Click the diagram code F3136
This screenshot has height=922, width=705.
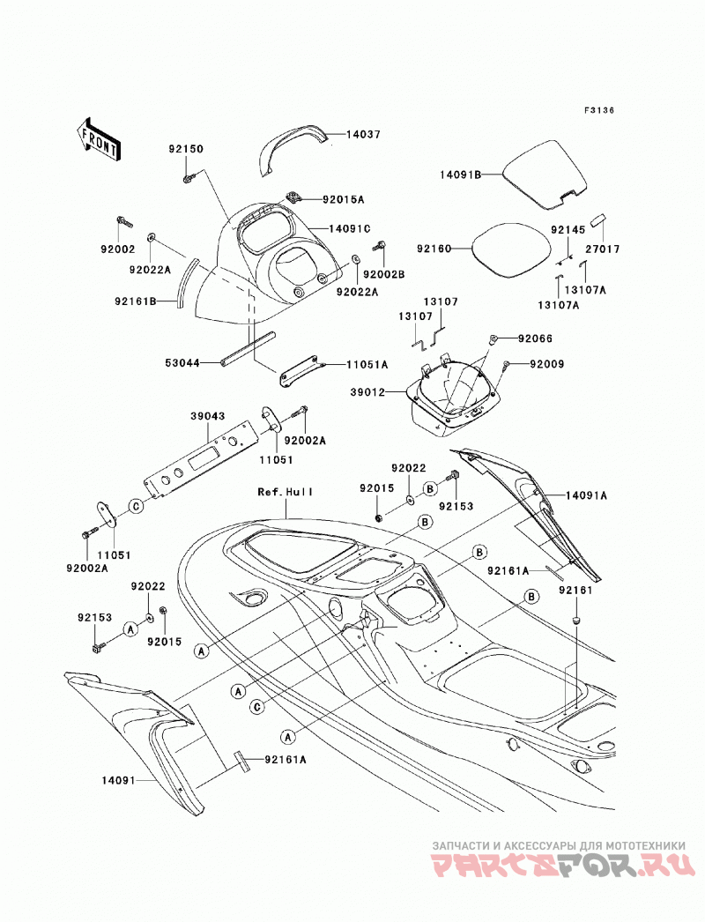pos(598,110)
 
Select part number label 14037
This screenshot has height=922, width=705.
pos(363,134)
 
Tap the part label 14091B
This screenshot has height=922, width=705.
pos(461,174)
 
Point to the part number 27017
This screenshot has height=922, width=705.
pos(602,249)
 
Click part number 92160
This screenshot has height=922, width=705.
pos(434,249)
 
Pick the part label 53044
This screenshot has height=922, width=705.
pos(182,363)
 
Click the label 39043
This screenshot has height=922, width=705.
pos(208,416)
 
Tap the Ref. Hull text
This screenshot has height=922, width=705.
pos(286,492)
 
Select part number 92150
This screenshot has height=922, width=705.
pos(186,149)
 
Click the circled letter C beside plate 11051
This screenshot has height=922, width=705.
pos(136,506)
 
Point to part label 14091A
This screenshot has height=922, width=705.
pos(586,495)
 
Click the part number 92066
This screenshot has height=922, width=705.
pos(535,338)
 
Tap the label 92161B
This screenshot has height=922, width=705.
pos(136,301)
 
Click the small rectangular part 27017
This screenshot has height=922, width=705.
pos(598,221)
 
